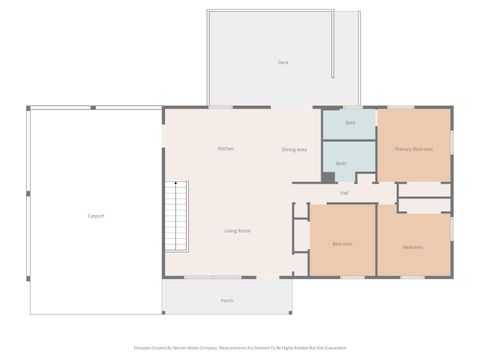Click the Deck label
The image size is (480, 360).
coord(283,62)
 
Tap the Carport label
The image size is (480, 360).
coord(96,216)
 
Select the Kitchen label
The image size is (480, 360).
coord(226,149)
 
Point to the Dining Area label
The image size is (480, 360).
coord(294,149)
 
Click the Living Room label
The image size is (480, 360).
coord(237,231)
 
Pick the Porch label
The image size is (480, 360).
coord(227,300)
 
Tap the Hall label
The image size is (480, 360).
coord(344,193)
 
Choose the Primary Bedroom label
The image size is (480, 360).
coord(414,149)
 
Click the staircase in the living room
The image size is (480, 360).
coord(176,216)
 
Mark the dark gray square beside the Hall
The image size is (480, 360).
coord(328,178)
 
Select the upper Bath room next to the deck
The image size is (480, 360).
coord(349,123)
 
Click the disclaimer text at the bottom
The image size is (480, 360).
coord(240,348)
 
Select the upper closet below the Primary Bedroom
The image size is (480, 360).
coord(424,189)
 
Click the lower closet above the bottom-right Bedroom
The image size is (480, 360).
coord(424,206)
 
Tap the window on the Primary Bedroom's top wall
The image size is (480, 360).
coord(402,107)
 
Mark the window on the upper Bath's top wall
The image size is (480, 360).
coord(349,107)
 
